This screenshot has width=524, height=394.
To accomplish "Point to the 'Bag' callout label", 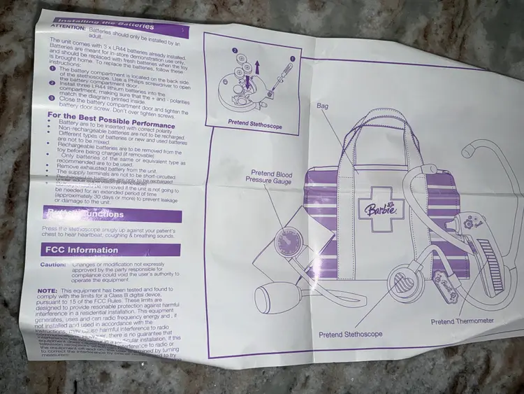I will point(322,106).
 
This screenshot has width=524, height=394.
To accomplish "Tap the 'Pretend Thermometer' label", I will point(462,321).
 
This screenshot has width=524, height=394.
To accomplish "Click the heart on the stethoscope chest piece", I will point(401,283).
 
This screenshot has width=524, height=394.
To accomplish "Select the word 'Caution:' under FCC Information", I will point(53,265).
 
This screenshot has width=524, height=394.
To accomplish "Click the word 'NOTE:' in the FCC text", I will point(46,290).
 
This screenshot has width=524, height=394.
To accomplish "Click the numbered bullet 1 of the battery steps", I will point(52,69).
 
